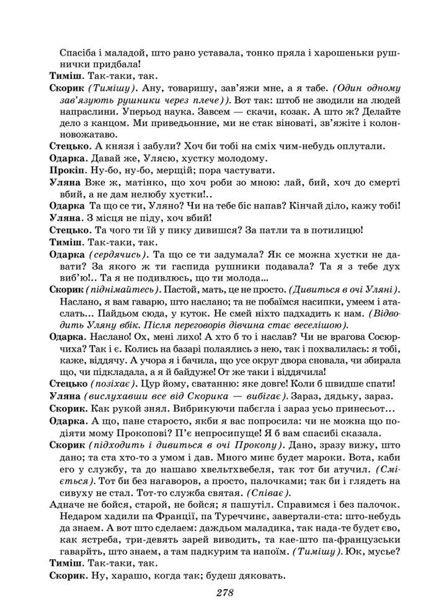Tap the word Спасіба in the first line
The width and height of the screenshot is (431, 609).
(78, 52)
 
